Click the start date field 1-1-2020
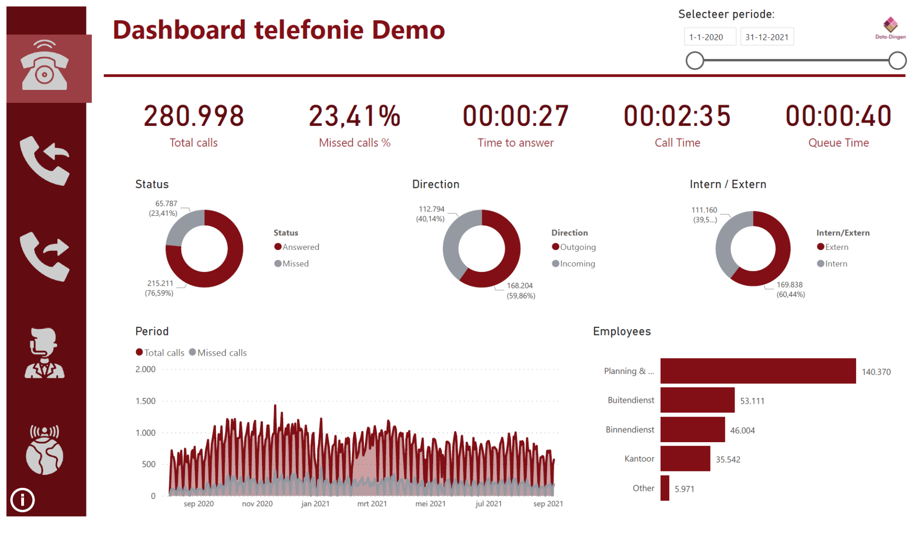tap(709, 37)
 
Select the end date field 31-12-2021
tap(767, 37)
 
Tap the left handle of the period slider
tap(695, 61)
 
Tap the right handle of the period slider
tap(897, 61)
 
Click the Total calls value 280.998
tap(194, 116)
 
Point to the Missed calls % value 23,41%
tap(354, 116)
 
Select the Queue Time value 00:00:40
tap(838, 116)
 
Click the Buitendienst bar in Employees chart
tap(697, 400)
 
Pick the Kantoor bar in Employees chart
tap(685, 459)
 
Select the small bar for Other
tap(665, 488)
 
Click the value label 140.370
tap(876, 372)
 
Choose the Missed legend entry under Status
tap(292, 263)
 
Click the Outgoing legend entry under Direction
tap(574, 247)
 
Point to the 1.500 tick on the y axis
tap(146, 401)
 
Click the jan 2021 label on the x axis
tap(315, 504)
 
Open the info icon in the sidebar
tap(23, 500)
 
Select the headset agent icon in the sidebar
tap(44, 353)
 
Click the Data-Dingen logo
tap(890, 28)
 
